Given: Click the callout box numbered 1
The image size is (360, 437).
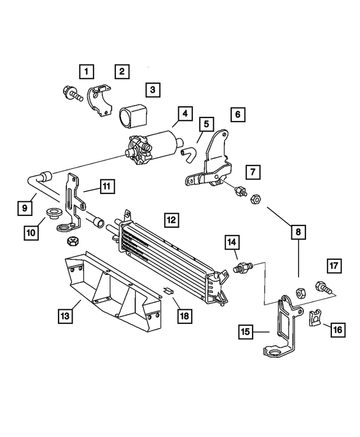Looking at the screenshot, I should click(86, 71).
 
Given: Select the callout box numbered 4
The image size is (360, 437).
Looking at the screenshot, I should click(184, 112).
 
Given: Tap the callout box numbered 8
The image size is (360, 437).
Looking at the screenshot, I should click(298, 231).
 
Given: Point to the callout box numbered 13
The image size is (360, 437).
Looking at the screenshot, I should click(66, 317).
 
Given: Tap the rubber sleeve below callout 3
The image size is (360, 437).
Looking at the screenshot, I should click(132, 114).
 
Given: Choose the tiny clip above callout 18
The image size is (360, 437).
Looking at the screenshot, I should click(167, 291).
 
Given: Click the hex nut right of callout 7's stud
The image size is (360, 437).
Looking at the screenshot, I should click(254, 199).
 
